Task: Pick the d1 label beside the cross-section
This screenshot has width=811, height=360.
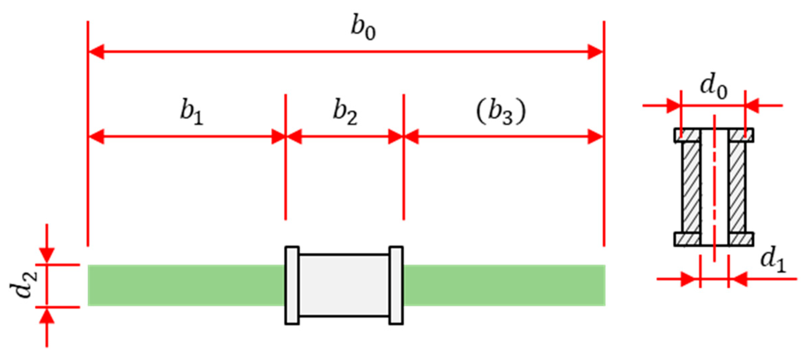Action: tap(773, 261)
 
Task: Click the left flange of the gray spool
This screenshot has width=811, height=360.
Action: tap(292, 285)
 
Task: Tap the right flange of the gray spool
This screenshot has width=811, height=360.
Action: tap(396, 285)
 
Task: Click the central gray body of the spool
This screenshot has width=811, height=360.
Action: tap(344, 285)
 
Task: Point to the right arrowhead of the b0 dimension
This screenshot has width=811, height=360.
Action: tap(595, 52)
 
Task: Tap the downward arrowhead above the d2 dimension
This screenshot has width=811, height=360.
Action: tap(47, 256)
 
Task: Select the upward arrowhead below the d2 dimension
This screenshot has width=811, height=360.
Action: tap(47, 316)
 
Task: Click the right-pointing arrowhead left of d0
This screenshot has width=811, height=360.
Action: tap(673, 106)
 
